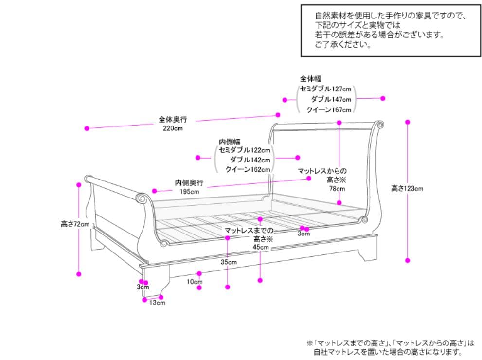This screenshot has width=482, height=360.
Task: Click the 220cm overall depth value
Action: (x=173, y=128)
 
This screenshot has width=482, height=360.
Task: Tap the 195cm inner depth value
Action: (x=189, y=191)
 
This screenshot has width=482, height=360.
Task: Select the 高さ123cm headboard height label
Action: (x=407, y=188)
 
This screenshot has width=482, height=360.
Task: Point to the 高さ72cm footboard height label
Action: (x=75, y=224)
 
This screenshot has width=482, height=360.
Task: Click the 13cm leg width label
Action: (x=158, y=303)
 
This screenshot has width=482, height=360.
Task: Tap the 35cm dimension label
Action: (x=229, y=262)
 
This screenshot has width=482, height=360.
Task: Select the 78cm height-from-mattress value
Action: (x=337, y=188)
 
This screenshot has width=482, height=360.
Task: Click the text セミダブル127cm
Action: (x=325, y=89)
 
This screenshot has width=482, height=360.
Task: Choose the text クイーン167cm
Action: (x=328, y=110)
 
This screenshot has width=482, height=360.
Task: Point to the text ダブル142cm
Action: (x=250, y=160)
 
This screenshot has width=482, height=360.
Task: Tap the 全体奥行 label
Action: (x=173, y=119)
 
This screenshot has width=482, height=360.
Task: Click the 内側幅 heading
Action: (x=226, y=142)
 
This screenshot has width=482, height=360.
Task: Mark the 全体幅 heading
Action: (x=310, y=78)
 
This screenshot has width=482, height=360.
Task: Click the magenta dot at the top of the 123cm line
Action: (x=408, y=122)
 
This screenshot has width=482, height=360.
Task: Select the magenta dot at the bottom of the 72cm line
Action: (x=79, y=274)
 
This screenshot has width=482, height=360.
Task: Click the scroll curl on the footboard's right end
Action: (x=143, y=198)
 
